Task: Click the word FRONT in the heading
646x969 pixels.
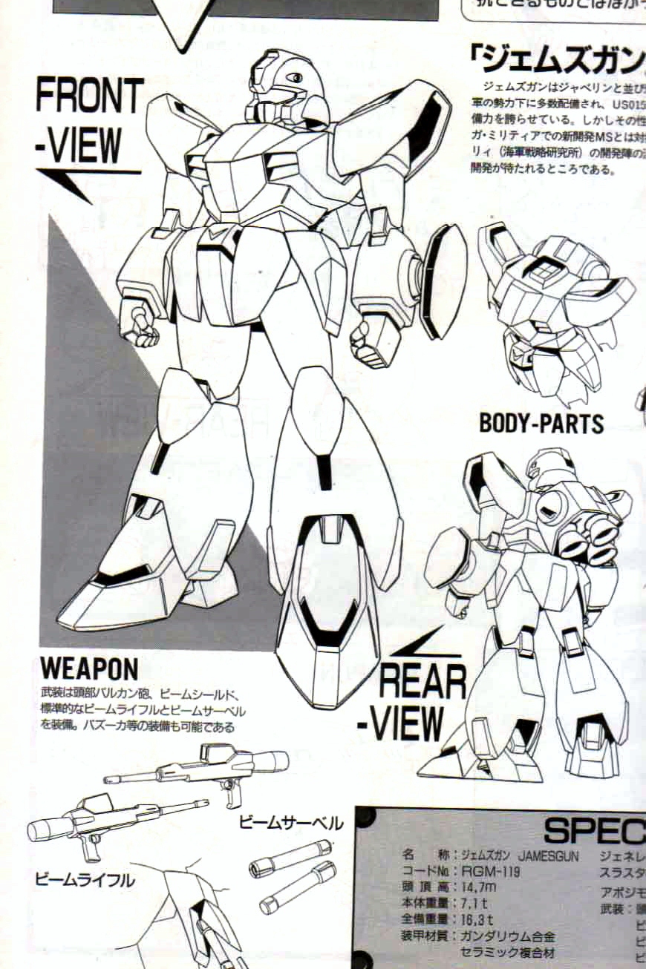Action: click(x=89, y=96)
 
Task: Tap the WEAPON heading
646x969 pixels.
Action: click(x=89, y=669)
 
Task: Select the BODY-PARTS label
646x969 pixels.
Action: click(x=541, y=423)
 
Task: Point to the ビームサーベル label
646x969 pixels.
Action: click(x=291, y=824)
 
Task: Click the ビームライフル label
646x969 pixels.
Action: click(x=85, y=881)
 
